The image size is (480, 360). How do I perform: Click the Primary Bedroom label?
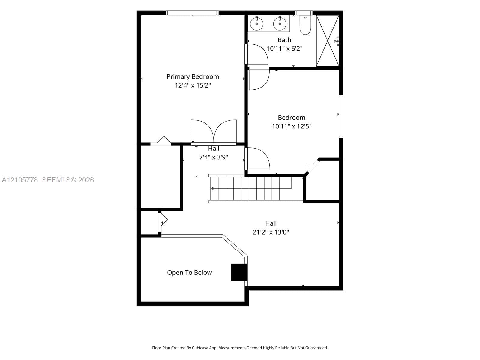point(193,77)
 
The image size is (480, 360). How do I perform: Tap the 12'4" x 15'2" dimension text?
point(193,85)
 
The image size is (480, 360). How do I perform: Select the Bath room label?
point(284,40)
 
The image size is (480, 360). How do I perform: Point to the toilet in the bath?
point(305,25)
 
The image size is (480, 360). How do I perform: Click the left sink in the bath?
point(256,24)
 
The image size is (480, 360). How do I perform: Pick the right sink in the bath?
point(280,24)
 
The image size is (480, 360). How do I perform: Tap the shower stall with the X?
point(328,41)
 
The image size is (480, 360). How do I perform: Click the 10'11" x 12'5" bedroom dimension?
point(292,126)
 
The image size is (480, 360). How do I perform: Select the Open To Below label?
point(189,273)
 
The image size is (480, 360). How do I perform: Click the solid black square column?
point(239,272)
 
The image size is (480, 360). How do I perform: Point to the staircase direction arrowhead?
point(212,189)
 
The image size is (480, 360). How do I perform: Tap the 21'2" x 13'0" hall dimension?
point(271,232)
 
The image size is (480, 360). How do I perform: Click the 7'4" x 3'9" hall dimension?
point(213,157)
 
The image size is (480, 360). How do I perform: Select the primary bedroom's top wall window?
point(192,13)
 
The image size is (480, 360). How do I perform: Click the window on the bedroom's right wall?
point(341,116)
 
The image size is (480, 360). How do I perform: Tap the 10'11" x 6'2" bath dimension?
point(284,49)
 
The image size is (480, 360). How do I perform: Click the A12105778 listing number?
point(20,180)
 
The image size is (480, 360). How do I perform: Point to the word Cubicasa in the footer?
point(200,348)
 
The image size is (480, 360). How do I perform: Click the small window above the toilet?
point(304,13)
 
